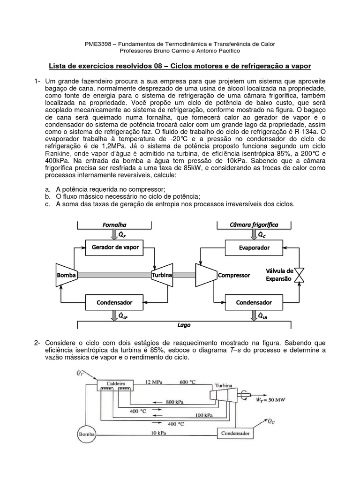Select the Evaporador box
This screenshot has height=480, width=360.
pyautogui.click(x=254, y=247)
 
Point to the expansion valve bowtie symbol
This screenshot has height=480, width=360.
pyautogui.click(x=301, y=275)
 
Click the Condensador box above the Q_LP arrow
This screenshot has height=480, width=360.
pyautogui.click(x=114, y=302)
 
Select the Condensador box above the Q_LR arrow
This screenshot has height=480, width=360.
pyautogui.click(x=254, y=302)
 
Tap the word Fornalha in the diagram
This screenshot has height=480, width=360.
pyautogui.click(x=114, y=225)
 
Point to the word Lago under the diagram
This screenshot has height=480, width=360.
pyautogui.click(x=184, y=325)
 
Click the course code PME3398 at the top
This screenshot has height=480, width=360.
pyautogui.click(x=97, y=44)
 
